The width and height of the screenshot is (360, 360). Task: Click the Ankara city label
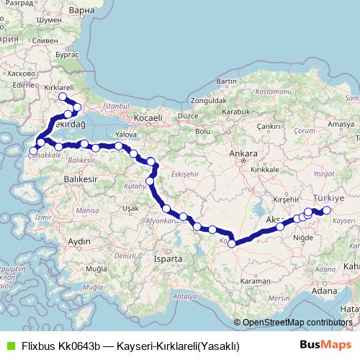(x=238, y=153)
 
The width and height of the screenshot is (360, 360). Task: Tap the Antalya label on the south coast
(x=185, y=296)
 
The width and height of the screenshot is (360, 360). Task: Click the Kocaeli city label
(x=147, y=116)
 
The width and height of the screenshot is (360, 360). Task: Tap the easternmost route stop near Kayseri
(x=326, y=210)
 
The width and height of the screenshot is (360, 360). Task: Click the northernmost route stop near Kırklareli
(x=62, y=96)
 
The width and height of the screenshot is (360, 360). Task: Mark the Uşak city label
(x=130, y=207)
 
